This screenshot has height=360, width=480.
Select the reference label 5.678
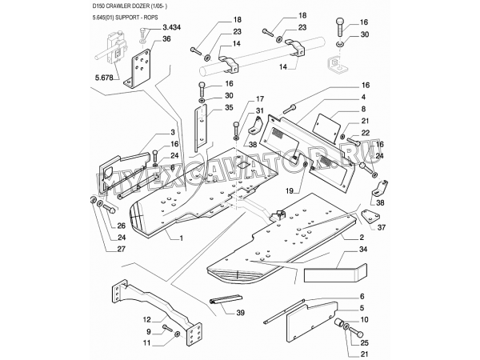pos(104,79)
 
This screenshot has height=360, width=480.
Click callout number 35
pos(228,107)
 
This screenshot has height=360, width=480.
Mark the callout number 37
pos(380,227)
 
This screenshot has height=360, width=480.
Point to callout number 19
pos(292,191)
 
